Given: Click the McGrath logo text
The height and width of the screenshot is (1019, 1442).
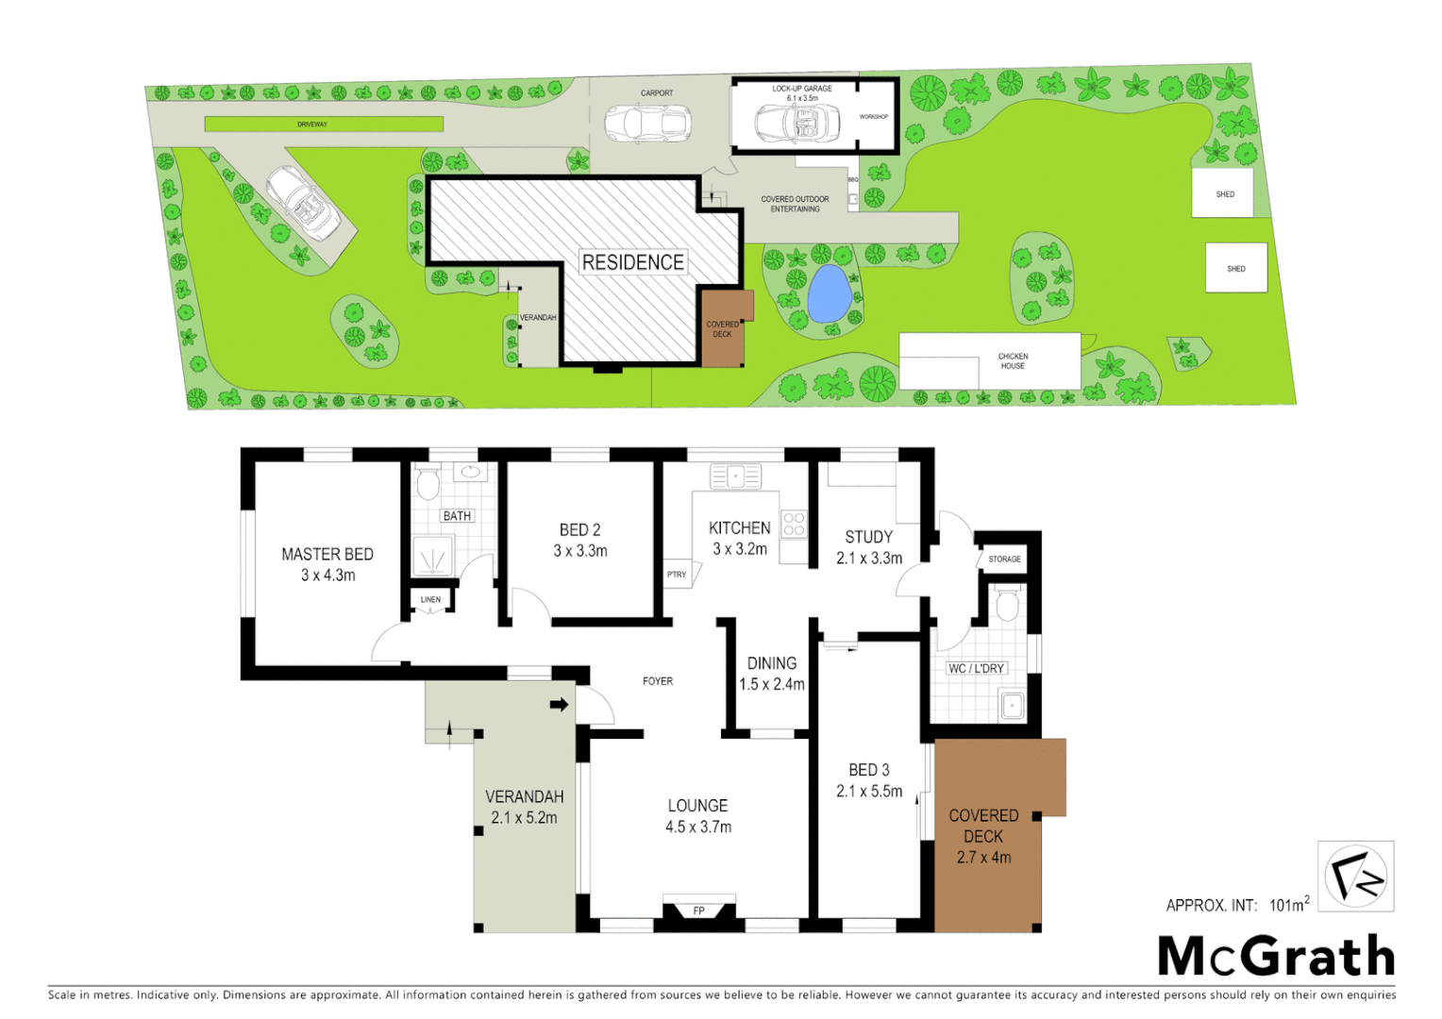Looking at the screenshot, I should (x=1276, y=957).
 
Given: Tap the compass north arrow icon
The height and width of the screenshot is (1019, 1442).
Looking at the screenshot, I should (x=1355, y=877).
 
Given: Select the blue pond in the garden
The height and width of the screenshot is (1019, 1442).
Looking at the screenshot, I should (x=828, y=292).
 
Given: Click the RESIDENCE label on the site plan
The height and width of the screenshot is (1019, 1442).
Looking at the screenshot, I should (x=632, y=262).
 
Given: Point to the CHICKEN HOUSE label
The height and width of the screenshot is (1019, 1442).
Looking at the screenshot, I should (x=1013, y=360).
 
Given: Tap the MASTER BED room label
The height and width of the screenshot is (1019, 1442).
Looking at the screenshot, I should (x=327, y=555).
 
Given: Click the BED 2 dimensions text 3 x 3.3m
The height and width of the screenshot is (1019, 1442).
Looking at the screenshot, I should (x=580, y=551).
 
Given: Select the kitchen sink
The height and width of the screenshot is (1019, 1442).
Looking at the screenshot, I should (x=735, y=476).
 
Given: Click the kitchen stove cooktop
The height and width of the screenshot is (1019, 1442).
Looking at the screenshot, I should (x=794, y=524).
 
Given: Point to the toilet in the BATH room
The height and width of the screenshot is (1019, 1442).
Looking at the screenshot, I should (x=428, y=483).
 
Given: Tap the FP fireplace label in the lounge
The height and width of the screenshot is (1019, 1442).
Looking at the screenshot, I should (x=699, y=910).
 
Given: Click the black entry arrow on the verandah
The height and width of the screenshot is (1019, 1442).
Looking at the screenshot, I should (x=560, y=704).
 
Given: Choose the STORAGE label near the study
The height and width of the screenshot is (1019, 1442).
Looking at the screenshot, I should (x=1004, y=560).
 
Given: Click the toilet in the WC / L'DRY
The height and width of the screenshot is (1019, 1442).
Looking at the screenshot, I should (x=1008, y=605).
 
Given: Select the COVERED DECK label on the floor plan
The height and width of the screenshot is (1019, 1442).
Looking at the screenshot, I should (x=983, y=826).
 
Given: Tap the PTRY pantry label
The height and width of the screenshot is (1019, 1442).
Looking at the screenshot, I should (x=677, y=575).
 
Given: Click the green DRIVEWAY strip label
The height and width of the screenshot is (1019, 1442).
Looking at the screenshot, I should (x=312, y=125).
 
